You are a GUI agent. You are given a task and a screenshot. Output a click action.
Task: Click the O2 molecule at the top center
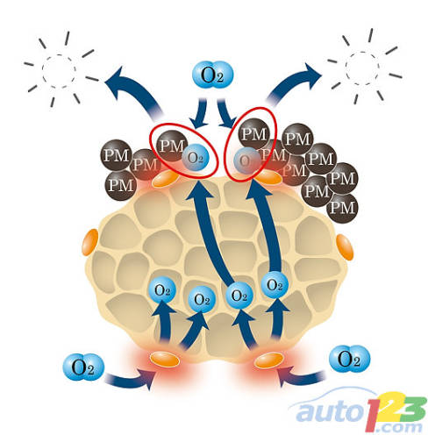(x=212, y=75)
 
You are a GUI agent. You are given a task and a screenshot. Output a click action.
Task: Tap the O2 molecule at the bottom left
(x=83, y=367)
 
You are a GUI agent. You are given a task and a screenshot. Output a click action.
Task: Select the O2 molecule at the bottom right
(x=349, y=359)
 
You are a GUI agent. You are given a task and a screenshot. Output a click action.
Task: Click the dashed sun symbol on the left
(x=60, y=69)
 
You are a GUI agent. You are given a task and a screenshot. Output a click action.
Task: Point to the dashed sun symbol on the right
(x=363, y=68)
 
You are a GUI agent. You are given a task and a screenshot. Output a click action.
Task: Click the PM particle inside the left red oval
(x=172, y=146)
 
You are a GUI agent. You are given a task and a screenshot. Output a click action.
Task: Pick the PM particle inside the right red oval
(x=254, y=134)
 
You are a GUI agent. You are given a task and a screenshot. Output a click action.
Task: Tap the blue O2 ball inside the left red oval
(x=196, y=158)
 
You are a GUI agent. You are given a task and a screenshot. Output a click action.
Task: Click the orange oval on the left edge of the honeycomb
(x=89, y=242)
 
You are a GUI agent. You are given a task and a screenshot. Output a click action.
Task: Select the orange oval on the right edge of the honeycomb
(x=345, y=247)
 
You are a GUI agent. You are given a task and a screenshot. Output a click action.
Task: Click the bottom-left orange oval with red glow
(x=165, y=360)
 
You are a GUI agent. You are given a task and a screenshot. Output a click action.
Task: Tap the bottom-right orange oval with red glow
(x=268, y=360)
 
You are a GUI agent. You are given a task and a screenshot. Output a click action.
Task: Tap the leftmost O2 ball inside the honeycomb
(x=162, y=290)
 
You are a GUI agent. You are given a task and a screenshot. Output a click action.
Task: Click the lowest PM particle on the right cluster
(x=342, y=208)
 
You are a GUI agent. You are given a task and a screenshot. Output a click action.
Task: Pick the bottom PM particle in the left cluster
(x=121, y=185)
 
